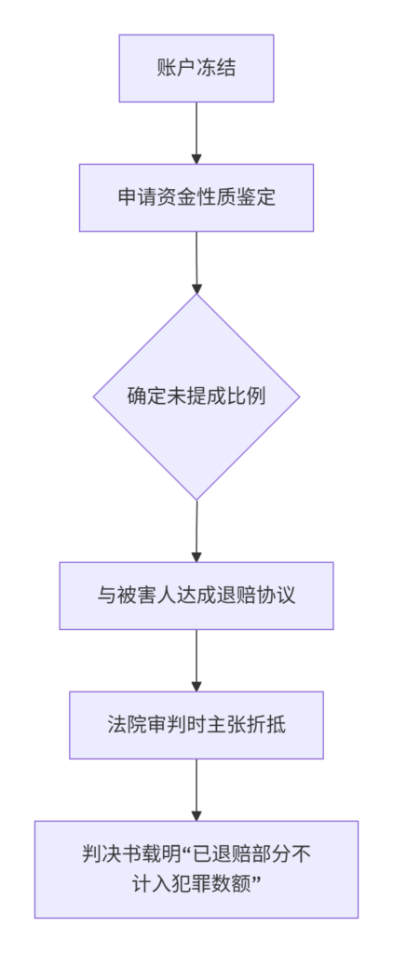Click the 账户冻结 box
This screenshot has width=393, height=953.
pos(196,68)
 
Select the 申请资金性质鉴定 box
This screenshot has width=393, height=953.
pos(196,197)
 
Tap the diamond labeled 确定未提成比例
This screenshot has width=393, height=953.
pos(196,396)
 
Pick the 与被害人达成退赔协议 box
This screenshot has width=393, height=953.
pos(196,596)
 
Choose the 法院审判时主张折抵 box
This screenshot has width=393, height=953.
pos(196,725)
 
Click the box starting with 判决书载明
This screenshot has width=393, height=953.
pos(196,870)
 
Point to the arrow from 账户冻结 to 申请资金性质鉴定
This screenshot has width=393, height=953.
pos(196,133)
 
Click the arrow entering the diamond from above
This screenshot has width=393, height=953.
pos(196,262)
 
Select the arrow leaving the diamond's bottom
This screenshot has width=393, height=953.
pos(196,530)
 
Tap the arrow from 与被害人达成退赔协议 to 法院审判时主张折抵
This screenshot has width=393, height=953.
pos(196,661)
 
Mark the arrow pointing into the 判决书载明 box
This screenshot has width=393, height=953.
pos(196,790)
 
